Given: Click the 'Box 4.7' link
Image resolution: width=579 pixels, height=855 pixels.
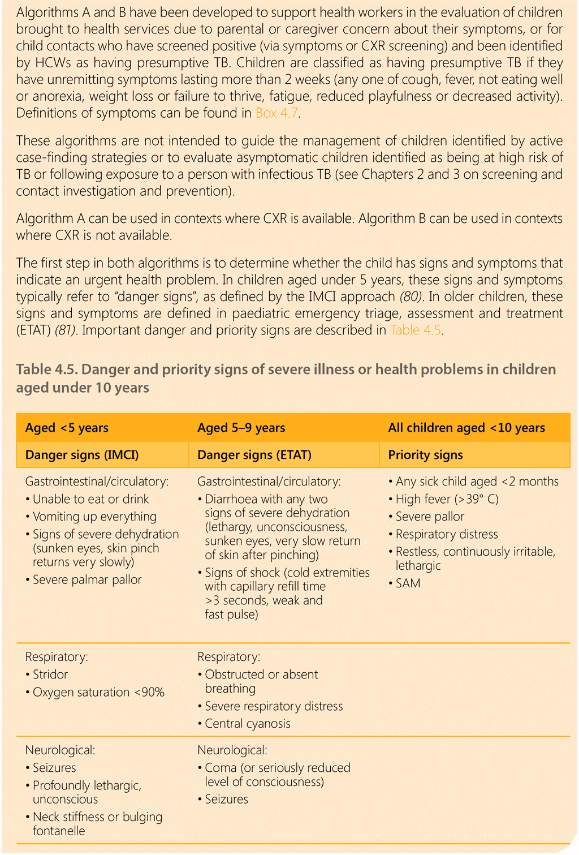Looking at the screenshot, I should coord(276,113).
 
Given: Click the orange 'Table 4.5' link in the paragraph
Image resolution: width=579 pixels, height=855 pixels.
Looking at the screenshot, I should coord(415,330).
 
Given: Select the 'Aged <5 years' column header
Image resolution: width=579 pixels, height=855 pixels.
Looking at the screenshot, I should coord(67,428).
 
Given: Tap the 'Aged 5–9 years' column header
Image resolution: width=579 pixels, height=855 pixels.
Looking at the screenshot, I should coord(241,428).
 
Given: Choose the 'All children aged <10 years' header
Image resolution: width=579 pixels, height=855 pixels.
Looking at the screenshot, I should coord(466,428).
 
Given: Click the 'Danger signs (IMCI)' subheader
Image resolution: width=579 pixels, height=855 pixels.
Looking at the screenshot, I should coord(82,455).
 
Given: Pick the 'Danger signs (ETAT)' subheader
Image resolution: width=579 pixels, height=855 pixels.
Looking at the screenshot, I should coord(254,455).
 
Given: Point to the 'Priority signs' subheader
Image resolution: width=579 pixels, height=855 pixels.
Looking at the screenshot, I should coord(425,455).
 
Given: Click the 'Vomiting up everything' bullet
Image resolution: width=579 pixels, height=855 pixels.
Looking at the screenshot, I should coord(94,517).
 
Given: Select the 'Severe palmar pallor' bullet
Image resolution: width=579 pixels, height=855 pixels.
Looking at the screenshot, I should coord(87,580).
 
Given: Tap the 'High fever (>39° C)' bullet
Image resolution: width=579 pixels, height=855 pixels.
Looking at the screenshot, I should coord(447,499).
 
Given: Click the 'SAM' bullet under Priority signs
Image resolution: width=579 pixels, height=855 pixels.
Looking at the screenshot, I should coord(408,583).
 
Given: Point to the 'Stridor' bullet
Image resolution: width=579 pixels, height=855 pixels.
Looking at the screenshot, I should coord(50,674).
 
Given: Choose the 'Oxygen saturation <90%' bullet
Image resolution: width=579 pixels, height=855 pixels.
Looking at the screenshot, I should coord(98,692).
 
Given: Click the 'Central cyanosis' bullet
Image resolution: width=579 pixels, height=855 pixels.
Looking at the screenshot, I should coord(248,724).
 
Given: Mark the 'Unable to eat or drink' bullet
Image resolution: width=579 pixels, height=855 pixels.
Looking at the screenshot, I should coord(90,499).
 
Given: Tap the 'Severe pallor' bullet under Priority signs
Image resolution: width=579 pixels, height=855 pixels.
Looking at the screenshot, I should coord(430,517).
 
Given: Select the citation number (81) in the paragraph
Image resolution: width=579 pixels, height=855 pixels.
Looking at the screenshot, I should coord(66,330).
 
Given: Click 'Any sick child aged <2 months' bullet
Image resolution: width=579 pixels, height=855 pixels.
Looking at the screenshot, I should coord(477,482).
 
